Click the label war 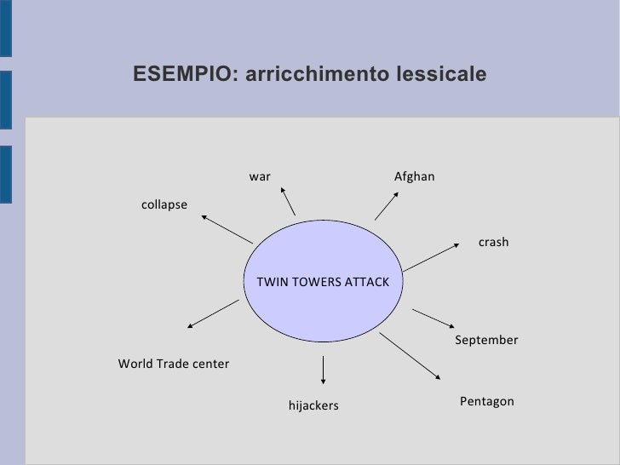(x=260, y=176)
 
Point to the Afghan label (x=415, y=176)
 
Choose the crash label (x=493, y=243)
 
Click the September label (x=486, y=341)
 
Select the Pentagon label (x=487, y=400)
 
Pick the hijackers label (x=313, y=406)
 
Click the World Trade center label (x=174, y=364)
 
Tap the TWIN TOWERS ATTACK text (x=323, y=282)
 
